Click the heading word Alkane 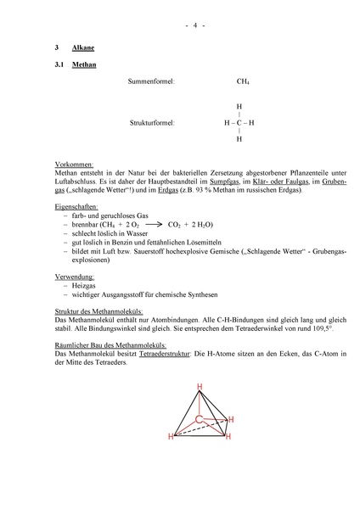pos(83,49)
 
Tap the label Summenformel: pos(151,81)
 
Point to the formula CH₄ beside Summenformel pos(243,81)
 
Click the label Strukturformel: pos(152,123)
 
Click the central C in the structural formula pos(239,123)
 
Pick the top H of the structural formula pos(239,107)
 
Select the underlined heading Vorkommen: pos(73,163)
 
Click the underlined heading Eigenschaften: pos(77,205)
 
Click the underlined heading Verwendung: pos(75,277)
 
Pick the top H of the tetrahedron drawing pos(200,387)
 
